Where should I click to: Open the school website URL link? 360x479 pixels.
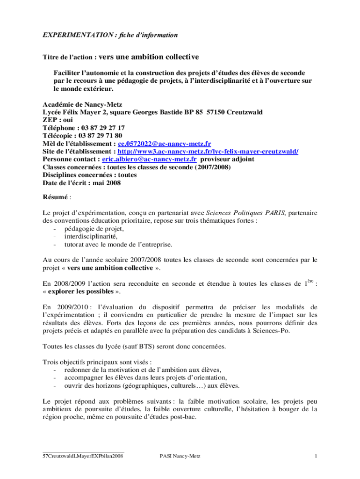[x=208, y=152]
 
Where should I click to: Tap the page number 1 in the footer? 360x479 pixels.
[x=316, y=456]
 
